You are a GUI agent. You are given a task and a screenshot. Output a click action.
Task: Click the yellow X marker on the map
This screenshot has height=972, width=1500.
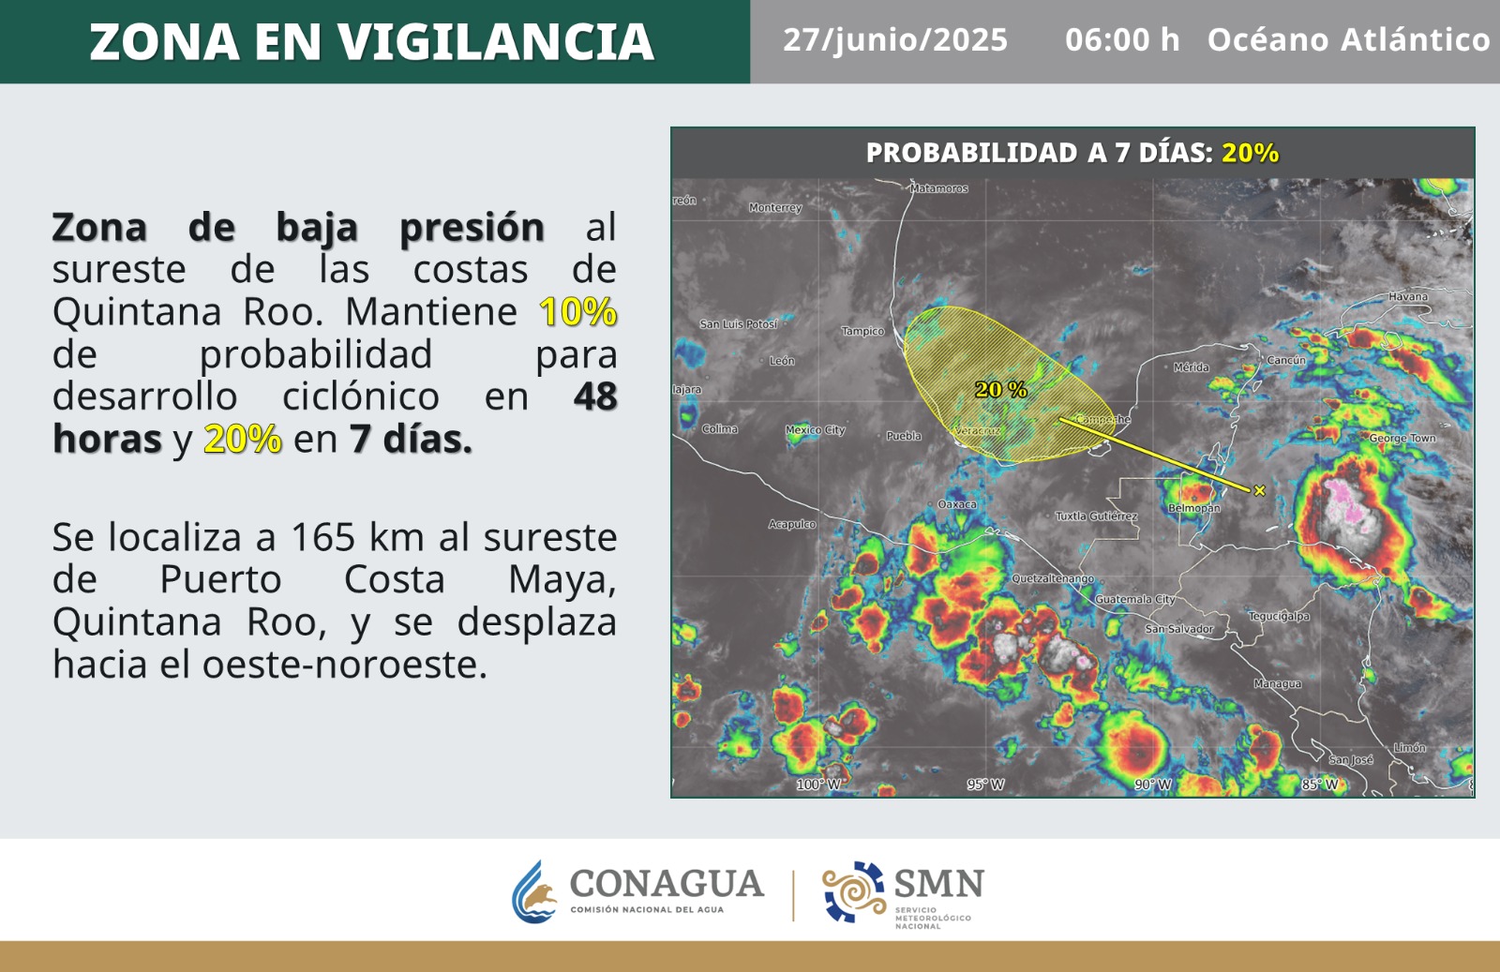[x=1260, y=490]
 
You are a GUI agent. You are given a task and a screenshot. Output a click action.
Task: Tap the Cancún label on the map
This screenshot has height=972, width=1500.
[x=1285, y=360]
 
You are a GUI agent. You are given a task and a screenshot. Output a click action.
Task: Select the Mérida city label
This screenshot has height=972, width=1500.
[x=1192, y=366]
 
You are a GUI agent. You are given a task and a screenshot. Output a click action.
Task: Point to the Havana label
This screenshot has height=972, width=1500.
[x=1408, y=296]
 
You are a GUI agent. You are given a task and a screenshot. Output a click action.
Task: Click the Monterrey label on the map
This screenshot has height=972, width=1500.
[x=774, y=207]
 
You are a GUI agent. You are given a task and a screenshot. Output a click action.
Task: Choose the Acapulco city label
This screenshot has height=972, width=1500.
[x=791, y=524]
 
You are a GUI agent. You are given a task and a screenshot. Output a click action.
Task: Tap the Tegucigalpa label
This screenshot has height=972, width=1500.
[x=1279, y=616]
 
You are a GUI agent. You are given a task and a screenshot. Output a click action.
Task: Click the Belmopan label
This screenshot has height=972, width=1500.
[x=1194, y=508]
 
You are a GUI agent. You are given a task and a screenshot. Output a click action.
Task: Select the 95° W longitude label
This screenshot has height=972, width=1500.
[x=985, y=784]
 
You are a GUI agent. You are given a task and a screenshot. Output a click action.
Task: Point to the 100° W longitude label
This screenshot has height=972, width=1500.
[x=818, y=784]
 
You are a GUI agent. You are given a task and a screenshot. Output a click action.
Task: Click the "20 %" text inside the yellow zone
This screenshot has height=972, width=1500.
[x=1000, y=390]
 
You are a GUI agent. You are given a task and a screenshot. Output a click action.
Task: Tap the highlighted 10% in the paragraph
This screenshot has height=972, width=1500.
[x=577, y=311]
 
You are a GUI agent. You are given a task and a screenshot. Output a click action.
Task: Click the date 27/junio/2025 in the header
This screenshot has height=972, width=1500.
[x=895, y=39]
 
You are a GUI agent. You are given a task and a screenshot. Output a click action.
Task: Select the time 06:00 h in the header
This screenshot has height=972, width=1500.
[x=1122, y=39]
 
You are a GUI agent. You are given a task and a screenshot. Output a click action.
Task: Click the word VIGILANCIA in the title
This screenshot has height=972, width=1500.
[x=496, y=42]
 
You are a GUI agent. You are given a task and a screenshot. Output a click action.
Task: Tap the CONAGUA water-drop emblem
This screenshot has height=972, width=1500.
[x=534, y=892]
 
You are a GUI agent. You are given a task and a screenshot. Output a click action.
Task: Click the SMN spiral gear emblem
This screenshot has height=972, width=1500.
[x=854, y=892]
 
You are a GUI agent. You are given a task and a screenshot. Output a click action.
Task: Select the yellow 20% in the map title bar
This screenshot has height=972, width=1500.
[x=1251, y=154]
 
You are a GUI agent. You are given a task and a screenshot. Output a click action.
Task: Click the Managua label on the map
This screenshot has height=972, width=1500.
[x=1278, y=683]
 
